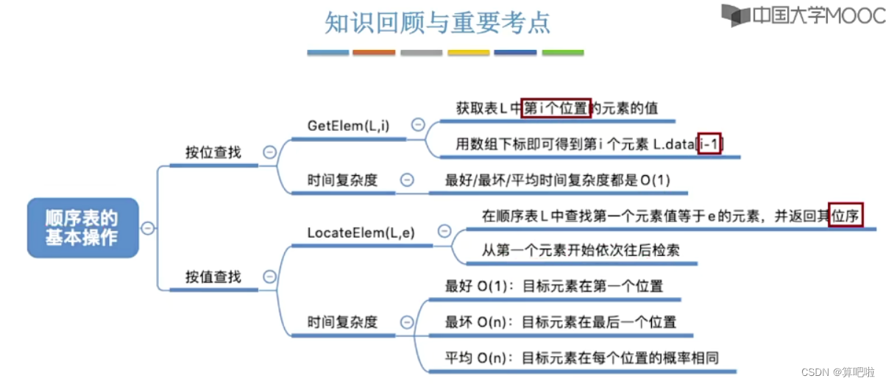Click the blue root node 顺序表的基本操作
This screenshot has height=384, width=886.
point(82,227)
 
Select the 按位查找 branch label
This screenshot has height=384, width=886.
point(213,153)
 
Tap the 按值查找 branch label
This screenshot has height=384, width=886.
point(213,277)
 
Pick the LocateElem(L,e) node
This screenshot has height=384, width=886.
point(361,232)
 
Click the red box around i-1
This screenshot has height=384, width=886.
point(709,144)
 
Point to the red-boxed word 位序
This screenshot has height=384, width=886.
point(846,214)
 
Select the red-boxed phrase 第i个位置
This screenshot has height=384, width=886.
point(556,108)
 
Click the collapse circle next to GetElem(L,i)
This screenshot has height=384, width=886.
point(418,125)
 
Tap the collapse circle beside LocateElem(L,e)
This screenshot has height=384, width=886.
point(444,231)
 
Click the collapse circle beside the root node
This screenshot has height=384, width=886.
point(147,228)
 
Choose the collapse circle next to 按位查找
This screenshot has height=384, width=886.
point(269,152)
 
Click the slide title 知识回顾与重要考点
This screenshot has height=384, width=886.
point(438,22)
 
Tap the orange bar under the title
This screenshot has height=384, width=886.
point(374,53)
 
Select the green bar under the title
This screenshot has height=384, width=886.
point(562,53)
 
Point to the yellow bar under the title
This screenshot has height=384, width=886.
point(468,53)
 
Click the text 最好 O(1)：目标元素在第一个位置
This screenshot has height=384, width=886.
point(553,286)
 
